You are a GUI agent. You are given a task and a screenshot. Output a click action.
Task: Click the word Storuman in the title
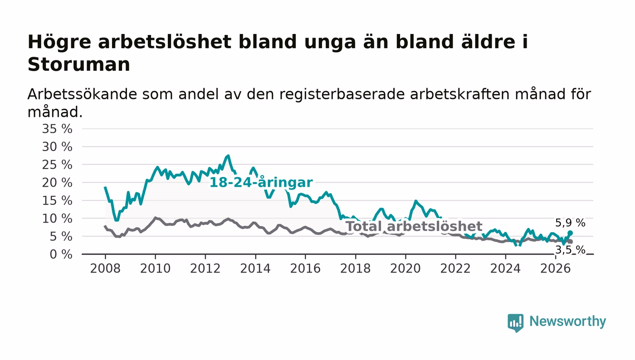tap(79, 64)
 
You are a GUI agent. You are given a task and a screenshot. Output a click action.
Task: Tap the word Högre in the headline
tap(59, 43)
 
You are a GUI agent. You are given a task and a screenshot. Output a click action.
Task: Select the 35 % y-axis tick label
tap(57, 129)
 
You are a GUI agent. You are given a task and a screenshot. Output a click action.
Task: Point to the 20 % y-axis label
tap(57, 183)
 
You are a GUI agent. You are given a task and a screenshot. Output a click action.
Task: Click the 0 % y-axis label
tap(61, 254)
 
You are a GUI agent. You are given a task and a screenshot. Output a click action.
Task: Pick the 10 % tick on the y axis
tap(57, 219)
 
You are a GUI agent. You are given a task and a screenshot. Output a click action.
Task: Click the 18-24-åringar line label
tap(261, 183)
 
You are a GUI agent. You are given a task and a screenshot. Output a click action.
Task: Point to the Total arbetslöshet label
tap(414, 227)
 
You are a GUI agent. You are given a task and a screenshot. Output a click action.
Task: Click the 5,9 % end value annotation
tap(570, 223)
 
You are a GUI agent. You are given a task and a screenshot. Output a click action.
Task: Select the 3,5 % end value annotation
tap(570, 250)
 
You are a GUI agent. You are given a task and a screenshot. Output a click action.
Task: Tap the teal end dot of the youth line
tap(571, 233)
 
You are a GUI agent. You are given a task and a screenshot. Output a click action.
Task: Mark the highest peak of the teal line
tap(228, 156)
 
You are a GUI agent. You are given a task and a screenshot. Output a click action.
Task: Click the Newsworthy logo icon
tap(515, 323)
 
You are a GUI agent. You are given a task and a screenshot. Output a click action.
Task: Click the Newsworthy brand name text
tap(568, 321)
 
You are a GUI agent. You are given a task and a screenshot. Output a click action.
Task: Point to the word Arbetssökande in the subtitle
tap(82, 94)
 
